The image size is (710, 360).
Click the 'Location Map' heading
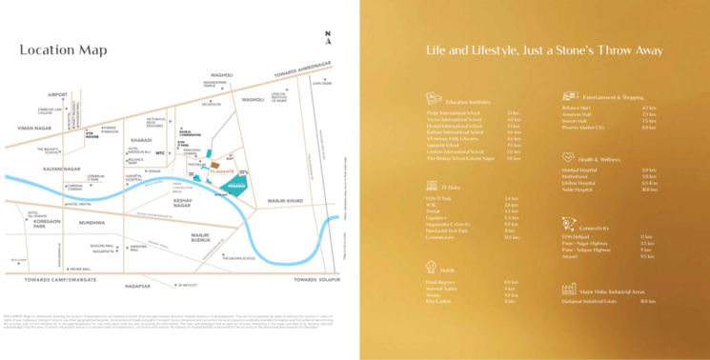point(63,50)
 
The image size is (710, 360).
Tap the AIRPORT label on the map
point(58,95)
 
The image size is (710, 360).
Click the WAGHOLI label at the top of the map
point(221,74)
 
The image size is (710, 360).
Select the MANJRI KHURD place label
point(285,202)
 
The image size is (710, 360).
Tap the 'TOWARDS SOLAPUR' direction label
point(317,279)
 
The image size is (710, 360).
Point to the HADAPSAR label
point(139,285)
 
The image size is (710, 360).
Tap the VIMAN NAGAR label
point(34,128)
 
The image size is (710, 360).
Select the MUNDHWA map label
point(92,222)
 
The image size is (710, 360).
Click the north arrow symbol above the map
point(328,37)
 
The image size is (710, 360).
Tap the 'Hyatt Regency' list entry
point(438,282)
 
